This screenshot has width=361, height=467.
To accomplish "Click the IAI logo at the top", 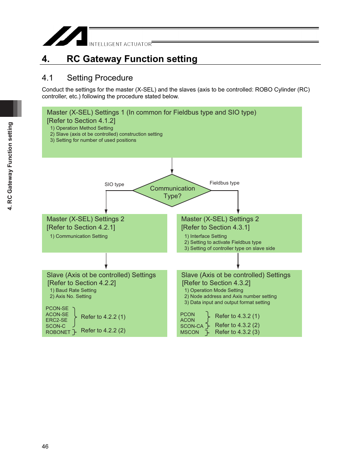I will [65, 36].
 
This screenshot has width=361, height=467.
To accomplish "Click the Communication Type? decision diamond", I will [172, 191].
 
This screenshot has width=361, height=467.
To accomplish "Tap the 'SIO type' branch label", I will [114, 185].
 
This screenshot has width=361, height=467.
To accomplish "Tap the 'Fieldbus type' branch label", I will [224, 183].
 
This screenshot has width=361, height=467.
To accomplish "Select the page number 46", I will [45, 447].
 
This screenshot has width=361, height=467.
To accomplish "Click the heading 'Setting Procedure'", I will [100, 78].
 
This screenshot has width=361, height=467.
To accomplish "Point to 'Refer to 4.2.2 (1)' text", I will [103, 317].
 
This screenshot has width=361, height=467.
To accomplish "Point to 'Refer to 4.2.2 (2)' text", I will [103, 330].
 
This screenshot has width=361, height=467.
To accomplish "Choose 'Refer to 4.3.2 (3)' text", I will [237, 332].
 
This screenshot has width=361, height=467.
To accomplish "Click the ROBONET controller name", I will [58, 332].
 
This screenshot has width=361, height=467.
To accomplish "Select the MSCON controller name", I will [190, 332].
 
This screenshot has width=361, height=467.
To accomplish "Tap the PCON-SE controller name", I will [57, 309].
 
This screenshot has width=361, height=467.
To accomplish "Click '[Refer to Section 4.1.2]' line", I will [81, 121].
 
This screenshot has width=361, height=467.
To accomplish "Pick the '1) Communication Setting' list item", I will [79, 236].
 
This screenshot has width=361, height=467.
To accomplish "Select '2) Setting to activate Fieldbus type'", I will [223, 242].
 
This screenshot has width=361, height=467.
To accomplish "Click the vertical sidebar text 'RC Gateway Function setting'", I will [10, 166].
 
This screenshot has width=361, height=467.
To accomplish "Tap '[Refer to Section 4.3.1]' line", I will [215, 227].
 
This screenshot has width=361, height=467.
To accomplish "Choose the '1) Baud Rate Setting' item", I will [73, 290].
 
